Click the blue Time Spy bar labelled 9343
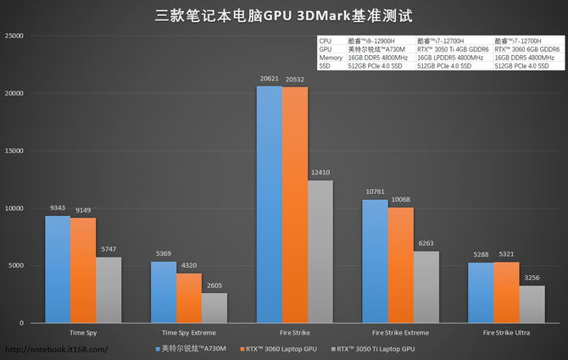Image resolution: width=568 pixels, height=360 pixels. tap(58, 269)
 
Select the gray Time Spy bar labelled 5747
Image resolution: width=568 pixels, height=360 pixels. tap(109, 290)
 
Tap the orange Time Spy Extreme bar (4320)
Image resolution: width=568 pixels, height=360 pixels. tap(189, 298)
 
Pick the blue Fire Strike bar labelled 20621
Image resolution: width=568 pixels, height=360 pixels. tap(270, 204)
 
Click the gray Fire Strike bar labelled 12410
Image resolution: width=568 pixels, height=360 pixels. tap(320, 252)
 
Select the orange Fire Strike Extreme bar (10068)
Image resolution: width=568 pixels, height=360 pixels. tap(401, 265)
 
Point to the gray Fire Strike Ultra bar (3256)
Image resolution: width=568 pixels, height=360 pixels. tap(532, 304)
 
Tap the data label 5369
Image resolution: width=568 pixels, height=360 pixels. tap(164, 254)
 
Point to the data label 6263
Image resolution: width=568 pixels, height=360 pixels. tap(426, 244)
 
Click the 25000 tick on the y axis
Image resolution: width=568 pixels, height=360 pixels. tap(14, 36)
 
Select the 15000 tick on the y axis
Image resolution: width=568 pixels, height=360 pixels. tap(14, 151)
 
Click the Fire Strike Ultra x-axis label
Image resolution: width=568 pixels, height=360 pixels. tap(506, 332)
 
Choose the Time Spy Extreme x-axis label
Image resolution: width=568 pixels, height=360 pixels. tap(189, 332)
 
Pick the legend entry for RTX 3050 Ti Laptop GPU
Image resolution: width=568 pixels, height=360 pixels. tap(376, 348)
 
